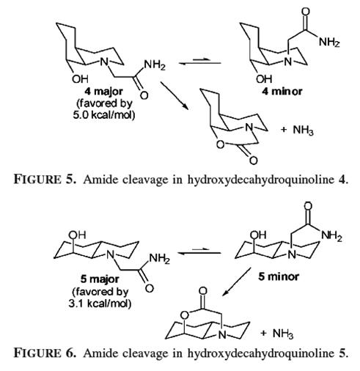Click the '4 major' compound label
click(x=104, y=92)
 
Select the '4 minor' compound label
click(x=282, y=92)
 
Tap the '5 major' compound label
click(x=100, y=279)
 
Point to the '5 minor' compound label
click(x=279, y=277)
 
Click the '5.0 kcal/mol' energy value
click(x=104, y=115)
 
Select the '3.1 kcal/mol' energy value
click(x=100, y=304)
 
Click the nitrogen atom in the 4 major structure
click(x=105, y=61)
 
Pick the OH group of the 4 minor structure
click(x=264, y=78)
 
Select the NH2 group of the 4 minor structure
click(x=329, y=42)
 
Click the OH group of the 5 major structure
click(x=77, y=235)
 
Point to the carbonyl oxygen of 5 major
click(x=150, y=288)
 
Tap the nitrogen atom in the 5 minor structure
click(x=291, y=254)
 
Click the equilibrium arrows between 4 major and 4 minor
click(x=200, y=62)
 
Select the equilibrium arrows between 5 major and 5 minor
click(x=199, y=251)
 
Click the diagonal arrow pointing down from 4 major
click(x=175, y=96)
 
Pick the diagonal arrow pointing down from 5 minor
click(x=237, y=282)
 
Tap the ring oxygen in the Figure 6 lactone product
click(x=185, y=315)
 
